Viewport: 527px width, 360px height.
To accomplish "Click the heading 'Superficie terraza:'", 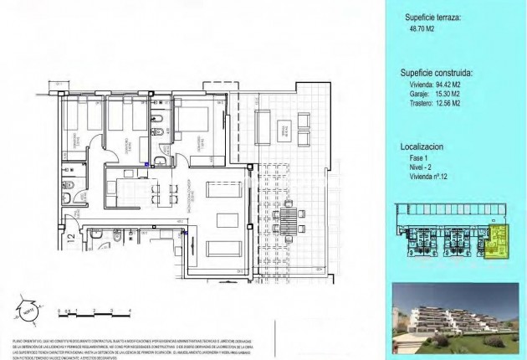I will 432,17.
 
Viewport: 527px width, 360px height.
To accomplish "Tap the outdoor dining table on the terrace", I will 293,221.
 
